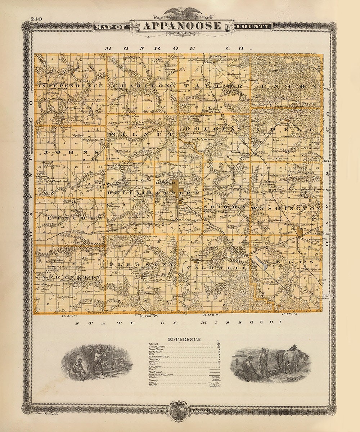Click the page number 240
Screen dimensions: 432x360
point(36,19)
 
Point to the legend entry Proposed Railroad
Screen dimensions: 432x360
point(161,374)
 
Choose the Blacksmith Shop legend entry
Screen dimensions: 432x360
point(159,356)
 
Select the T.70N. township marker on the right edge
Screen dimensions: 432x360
point(329,88)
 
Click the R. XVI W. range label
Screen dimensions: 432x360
point(289,314)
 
